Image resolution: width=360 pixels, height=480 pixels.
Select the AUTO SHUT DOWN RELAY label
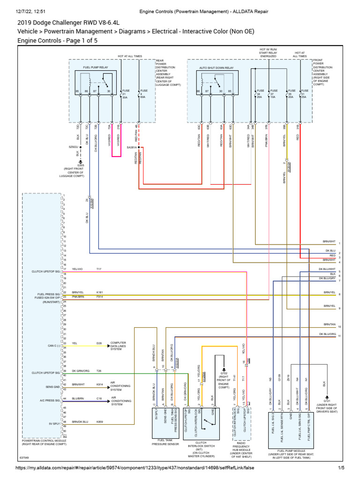pos(216,67)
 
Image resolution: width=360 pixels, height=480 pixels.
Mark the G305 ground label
pos(81,165)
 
